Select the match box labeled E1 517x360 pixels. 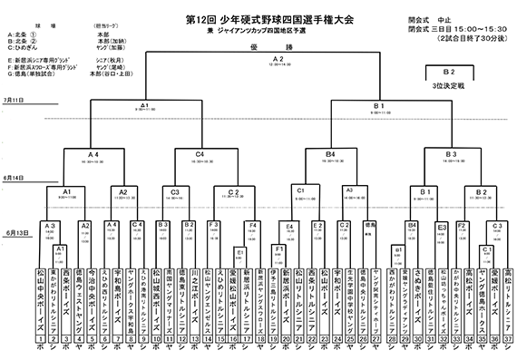tap(240, 252)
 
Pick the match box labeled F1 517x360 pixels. tap(278, 248)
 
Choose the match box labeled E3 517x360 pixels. tap(443, 229)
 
